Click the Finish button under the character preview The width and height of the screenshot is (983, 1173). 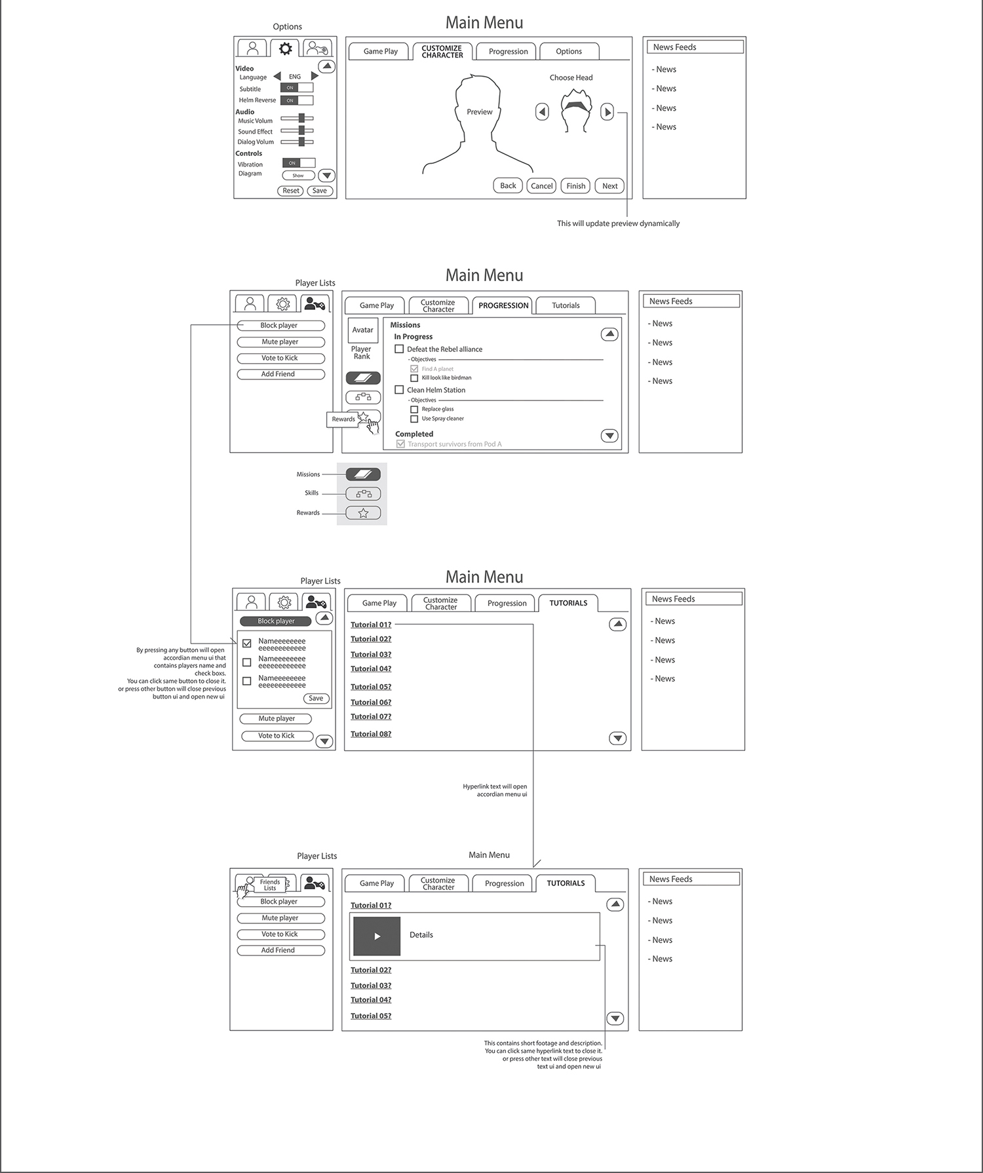[x=575, y=186]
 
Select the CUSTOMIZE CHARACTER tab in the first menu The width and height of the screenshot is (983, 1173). [x=442, y=52]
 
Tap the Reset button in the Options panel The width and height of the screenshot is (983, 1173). [x=291, y=191]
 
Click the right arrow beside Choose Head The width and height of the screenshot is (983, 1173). [x=607, y=112]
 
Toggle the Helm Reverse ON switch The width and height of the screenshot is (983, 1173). [x=297, y=100]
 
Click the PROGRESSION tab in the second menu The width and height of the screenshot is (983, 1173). [x=503, y=305]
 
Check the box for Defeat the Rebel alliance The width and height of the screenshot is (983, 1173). [x=399, y=349]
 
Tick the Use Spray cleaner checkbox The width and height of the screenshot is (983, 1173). [x=414, y=419]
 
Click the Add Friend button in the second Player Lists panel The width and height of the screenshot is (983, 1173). [x=280, y=374]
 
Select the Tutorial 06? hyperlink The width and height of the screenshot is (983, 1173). [x=371, y=702]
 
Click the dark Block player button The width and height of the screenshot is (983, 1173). [x=275, y=621]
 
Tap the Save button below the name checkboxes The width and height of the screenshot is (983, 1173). [x=316, y=699]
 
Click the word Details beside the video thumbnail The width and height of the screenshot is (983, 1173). [x=421, y=935]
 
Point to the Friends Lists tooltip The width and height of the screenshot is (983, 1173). [x=270, y=885]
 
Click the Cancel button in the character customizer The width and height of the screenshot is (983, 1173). [x=541, y=186]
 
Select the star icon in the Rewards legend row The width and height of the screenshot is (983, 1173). [x=363, y=513]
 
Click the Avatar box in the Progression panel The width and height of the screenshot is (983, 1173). [x=363, y=330]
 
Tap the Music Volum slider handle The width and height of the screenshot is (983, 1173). [x=302, y=119]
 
